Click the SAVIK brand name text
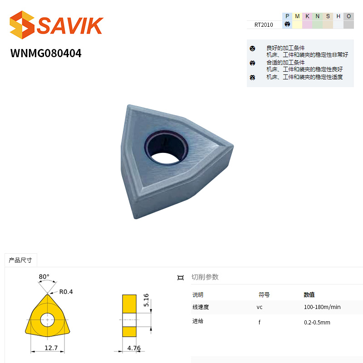[x=70, y=25]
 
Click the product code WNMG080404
[x=46, y=53]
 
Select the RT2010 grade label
[x=264, y=25]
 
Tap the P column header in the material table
[x=287, y=16]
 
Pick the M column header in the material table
[x=297, y=16]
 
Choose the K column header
[x=308, y=16]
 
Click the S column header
[x=328, y=16]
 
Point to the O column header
[x=348, y=16]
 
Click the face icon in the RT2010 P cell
[x=287, y=24]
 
